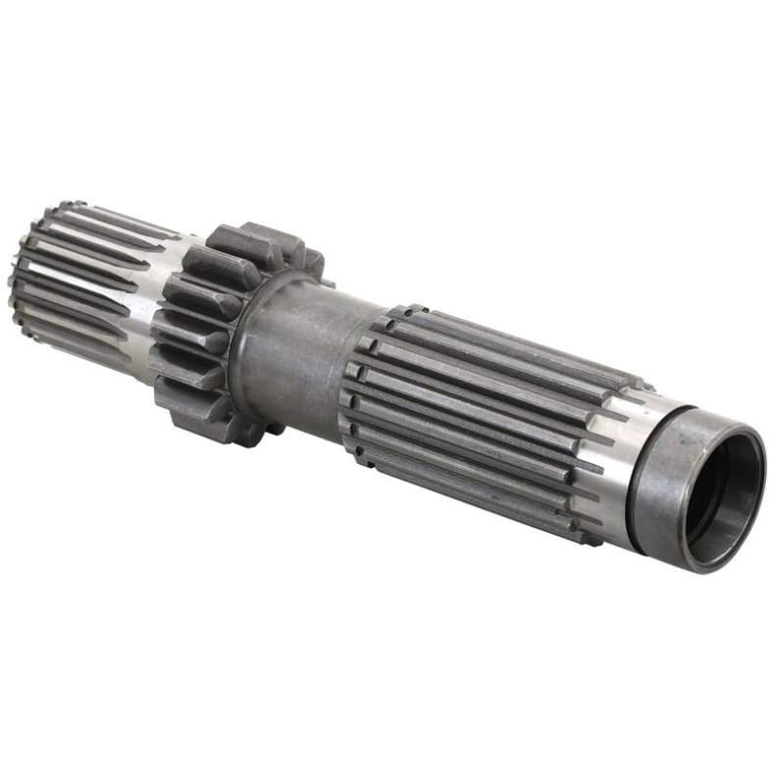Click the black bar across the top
tap(387, 47)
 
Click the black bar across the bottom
tap(387, 726)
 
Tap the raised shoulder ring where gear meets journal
tap(245, 343)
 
